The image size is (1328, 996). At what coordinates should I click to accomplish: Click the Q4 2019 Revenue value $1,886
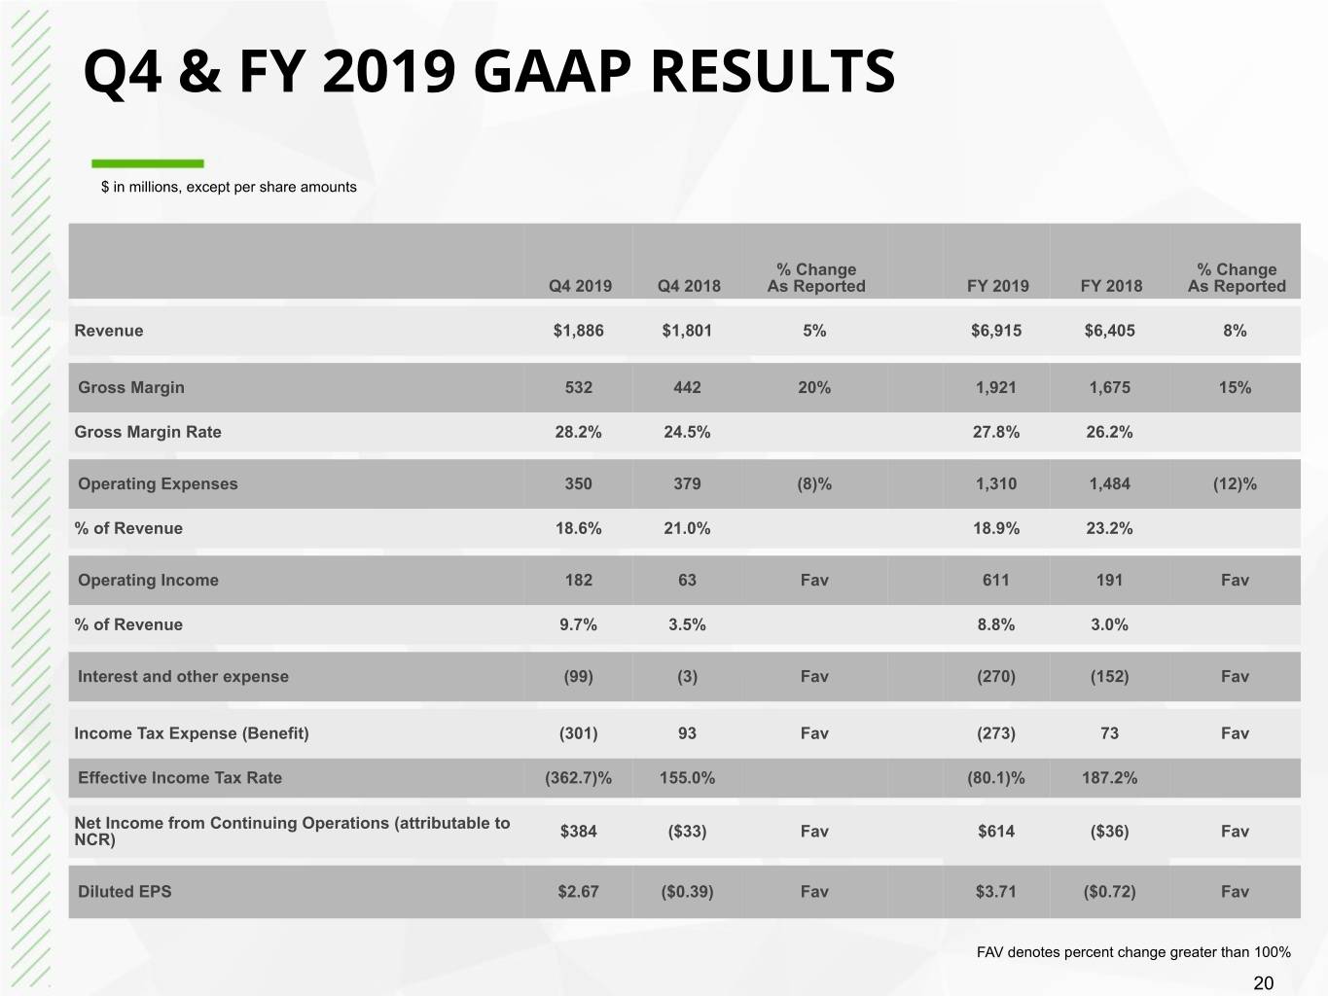click(578, 330)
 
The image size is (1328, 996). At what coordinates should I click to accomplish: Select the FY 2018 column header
click(1111, 285)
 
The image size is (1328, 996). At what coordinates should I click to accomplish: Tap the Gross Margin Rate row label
click(148, 432)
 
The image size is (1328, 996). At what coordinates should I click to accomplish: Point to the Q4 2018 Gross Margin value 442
click(687, 387)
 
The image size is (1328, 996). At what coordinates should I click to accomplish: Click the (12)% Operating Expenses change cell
click(1235, 483)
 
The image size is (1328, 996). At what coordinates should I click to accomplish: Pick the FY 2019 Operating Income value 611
click(995, 580)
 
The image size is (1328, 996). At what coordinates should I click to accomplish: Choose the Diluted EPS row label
click(125, 891)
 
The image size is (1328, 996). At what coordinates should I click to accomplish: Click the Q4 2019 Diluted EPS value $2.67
click(578, 891)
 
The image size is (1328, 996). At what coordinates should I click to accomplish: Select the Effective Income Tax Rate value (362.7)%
click(578, 778)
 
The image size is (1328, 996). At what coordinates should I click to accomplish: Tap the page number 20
click(1263, 982)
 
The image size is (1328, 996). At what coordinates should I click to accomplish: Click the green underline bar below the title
click(148, 163)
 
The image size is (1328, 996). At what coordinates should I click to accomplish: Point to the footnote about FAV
click(1133, 952)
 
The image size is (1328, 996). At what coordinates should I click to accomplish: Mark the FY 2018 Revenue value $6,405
click(1109, 330)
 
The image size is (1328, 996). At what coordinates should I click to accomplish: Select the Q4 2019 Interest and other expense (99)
click(578, 676)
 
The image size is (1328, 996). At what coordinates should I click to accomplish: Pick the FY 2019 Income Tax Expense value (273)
click(995, 733)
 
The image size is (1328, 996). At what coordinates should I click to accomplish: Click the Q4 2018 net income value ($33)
click(687, 831)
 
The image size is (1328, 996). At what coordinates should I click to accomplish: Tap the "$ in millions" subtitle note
click(229, 187)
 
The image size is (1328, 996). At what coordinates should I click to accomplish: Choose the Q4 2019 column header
click(580, 285)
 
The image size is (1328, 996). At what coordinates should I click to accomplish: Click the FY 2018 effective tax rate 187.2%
click(1109, 778)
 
